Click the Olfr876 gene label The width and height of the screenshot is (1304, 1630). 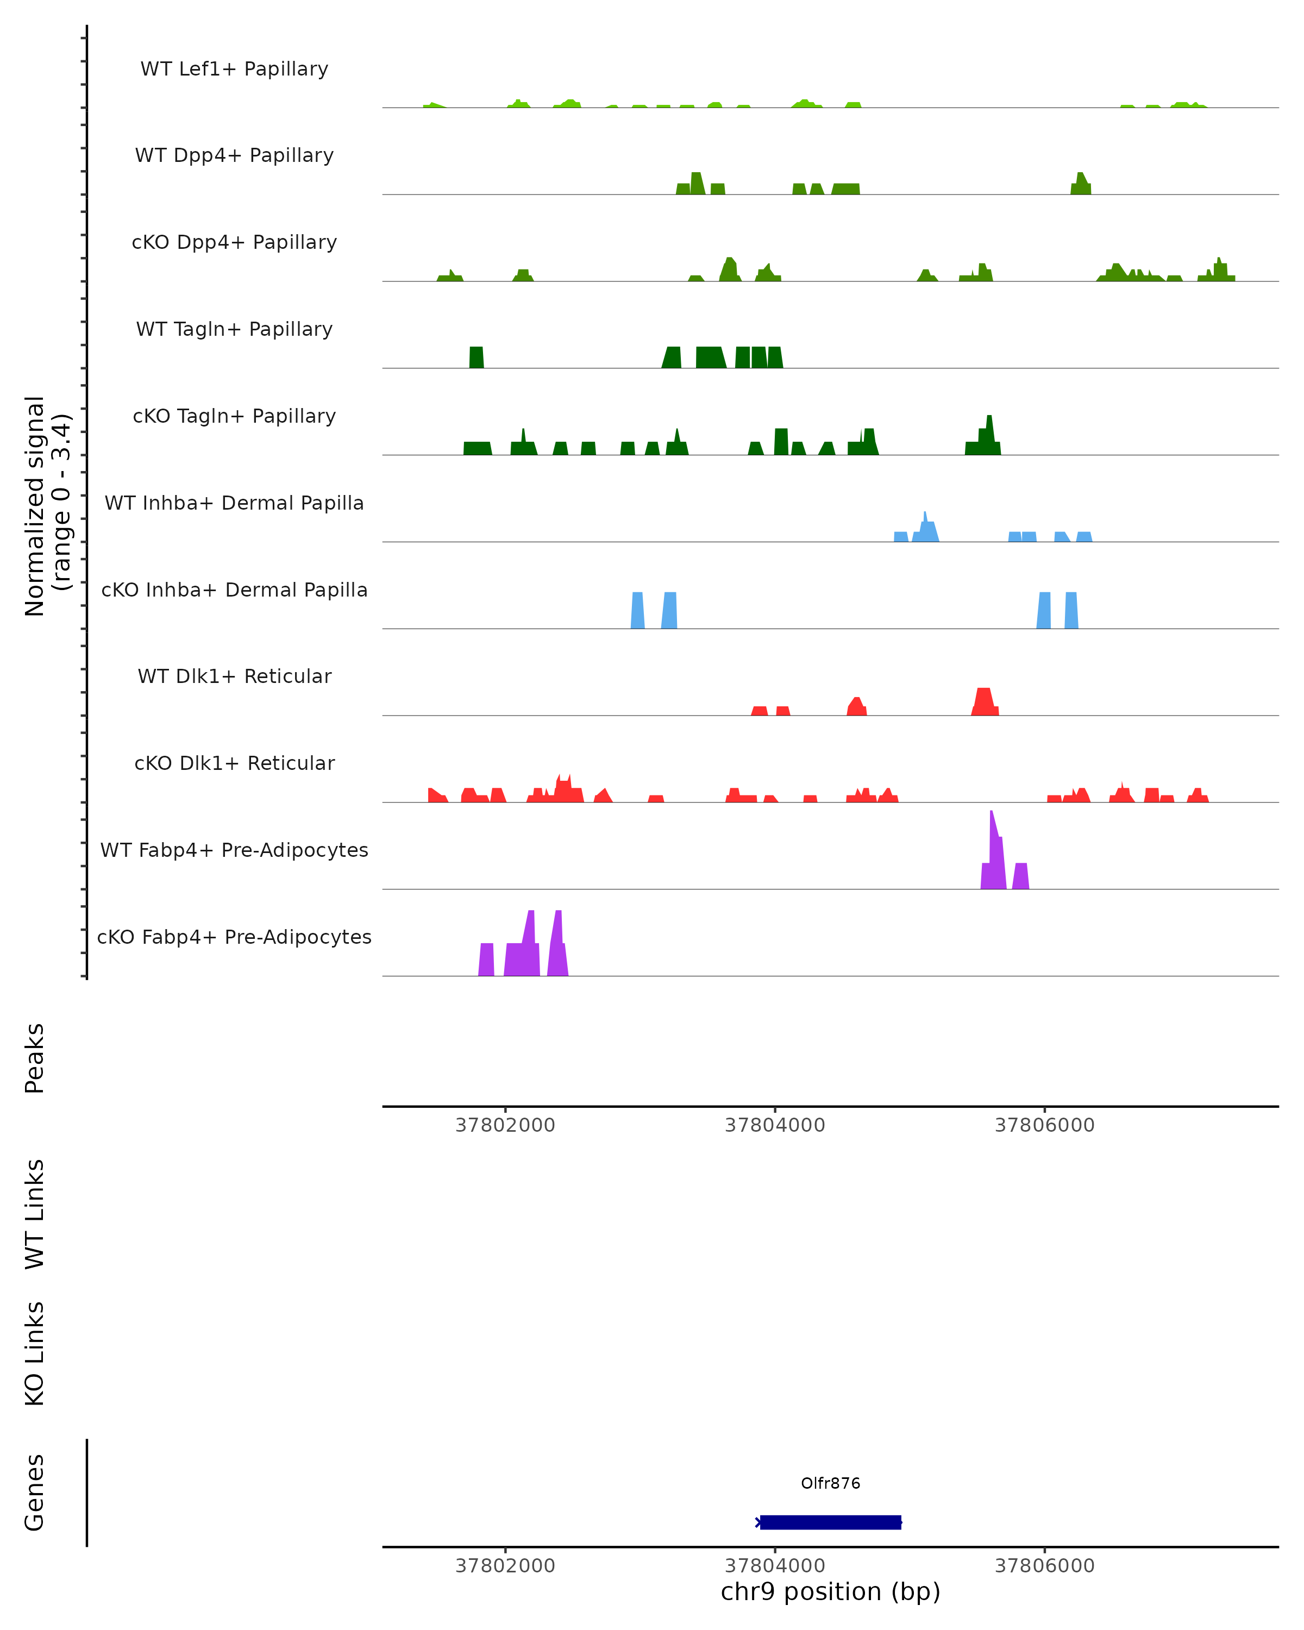point(830,1483)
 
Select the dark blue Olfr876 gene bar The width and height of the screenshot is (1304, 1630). point(830,1522)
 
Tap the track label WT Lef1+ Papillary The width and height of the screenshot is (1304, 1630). point(234,69)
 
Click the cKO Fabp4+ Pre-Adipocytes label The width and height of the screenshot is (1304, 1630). point(234,937)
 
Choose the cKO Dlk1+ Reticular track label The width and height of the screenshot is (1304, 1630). point(234,763)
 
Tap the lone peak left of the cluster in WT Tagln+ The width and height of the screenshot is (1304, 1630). point(477,358)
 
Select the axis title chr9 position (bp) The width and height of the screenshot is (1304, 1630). point(830,1591)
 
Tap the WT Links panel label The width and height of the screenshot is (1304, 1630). point(35,1213)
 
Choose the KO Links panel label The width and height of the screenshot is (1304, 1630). point(35,1353)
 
